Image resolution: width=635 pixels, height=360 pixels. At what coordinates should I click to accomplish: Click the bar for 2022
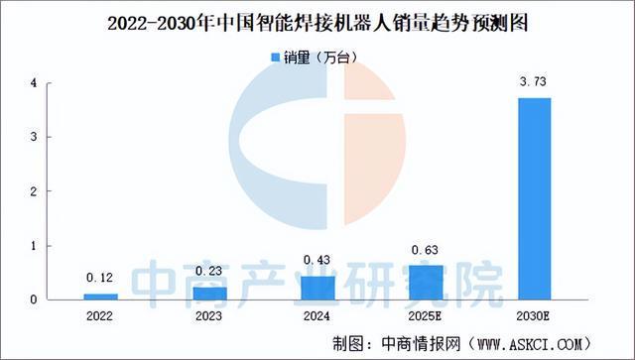[100, 296]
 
